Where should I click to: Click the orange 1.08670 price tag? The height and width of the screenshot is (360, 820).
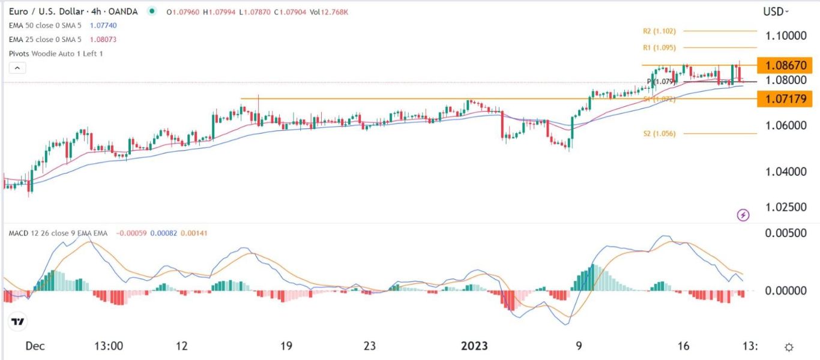(785, 65)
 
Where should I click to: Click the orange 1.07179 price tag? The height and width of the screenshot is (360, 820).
(785, 98)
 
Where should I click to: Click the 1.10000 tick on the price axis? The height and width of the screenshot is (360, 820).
(785, 35)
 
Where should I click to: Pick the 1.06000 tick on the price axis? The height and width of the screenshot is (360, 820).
(785, 125)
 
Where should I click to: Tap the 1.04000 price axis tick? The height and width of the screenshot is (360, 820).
(785, 172)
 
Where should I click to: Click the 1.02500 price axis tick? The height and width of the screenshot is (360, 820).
(785, 207)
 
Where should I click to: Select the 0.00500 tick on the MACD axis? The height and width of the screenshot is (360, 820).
(785, 233)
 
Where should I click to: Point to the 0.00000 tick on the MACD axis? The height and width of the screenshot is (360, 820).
(785, 290)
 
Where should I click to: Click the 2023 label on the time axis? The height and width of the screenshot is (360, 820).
(474, 346)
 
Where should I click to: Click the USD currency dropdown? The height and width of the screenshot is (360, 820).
(776, 11)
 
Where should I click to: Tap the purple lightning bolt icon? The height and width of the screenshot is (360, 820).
(743, 215)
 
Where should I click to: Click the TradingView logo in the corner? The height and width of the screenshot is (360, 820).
(18, 322)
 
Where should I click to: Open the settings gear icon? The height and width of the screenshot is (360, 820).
(789, 347)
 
